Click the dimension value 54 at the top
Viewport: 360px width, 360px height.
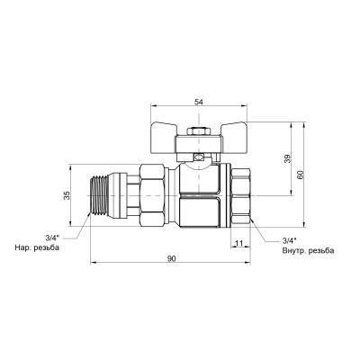199,102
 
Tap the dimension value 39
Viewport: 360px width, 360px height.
288,158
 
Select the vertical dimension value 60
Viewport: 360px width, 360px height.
301,175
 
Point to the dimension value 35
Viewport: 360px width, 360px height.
67,195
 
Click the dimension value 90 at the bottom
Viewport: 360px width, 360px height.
171,258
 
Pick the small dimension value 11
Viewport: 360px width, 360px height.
239,243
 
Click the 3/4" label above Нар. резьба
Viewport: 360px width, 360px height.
52,238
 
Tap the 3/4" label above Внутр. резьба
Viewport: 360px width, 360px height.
289,240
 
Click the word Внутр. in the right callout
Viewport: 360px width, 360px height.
292,251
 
